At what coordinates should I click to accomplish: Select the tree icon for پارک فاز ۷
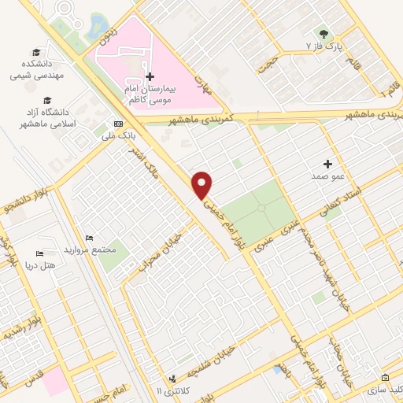[x=324, y=33]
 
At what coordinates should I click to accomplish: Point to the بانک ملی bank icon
[x=118, y=123]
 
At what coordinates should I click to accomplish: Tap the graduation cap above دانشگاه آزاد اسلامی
[x=46, y=101]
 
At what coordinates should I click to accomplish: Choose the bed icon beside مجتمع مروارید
[x=89, y=237]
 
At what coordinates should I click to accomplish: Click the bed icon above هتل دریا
[x=39, y=253]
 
